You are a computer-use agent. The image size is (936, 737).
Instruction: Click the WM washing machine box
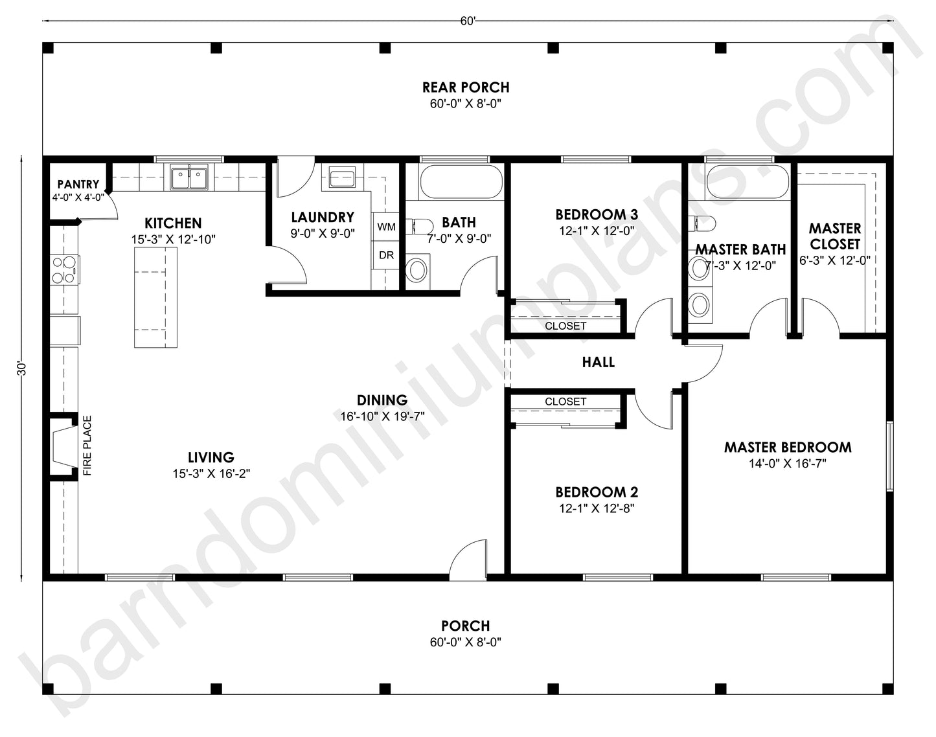point(386,227)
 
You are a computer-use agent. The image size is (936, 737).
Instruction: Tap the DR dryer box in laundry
point(386,255)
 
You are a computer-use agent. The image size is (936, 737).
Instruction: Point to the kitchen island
point(155,297)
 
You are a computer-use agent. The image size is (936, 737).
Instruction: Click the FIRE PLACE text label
point(87,446)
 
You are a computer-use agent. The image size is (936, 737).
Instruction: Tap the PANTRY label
point(78,185)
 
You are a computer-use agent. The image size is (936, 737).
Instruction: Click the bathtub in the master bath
point(747,182)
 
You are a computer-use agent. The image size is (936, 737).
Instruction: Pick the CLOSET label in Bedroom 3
point(565,326)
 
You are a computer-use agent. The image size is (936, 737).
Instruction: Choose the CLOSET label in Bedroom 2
point(565,402)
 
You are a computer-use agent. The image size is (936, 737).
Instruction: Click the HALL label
point(598,362)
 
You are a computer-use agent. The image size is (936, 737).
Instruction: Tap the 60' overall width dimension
point(468,21)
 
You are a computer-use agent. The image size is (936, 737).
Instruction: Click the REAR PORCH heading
point(466,87)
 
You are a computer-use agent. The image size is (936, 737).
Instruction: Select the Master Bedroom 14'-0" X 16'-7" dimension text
point(787,464)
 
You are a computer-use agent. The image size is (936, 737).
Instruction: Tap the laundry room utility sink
point(341,177)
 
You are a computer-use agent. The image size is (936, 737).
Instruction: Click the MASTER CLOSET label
point(834,236)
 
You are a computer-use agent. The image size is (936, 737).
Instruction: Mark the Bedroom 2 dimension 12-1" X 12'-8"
point(596,508)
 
